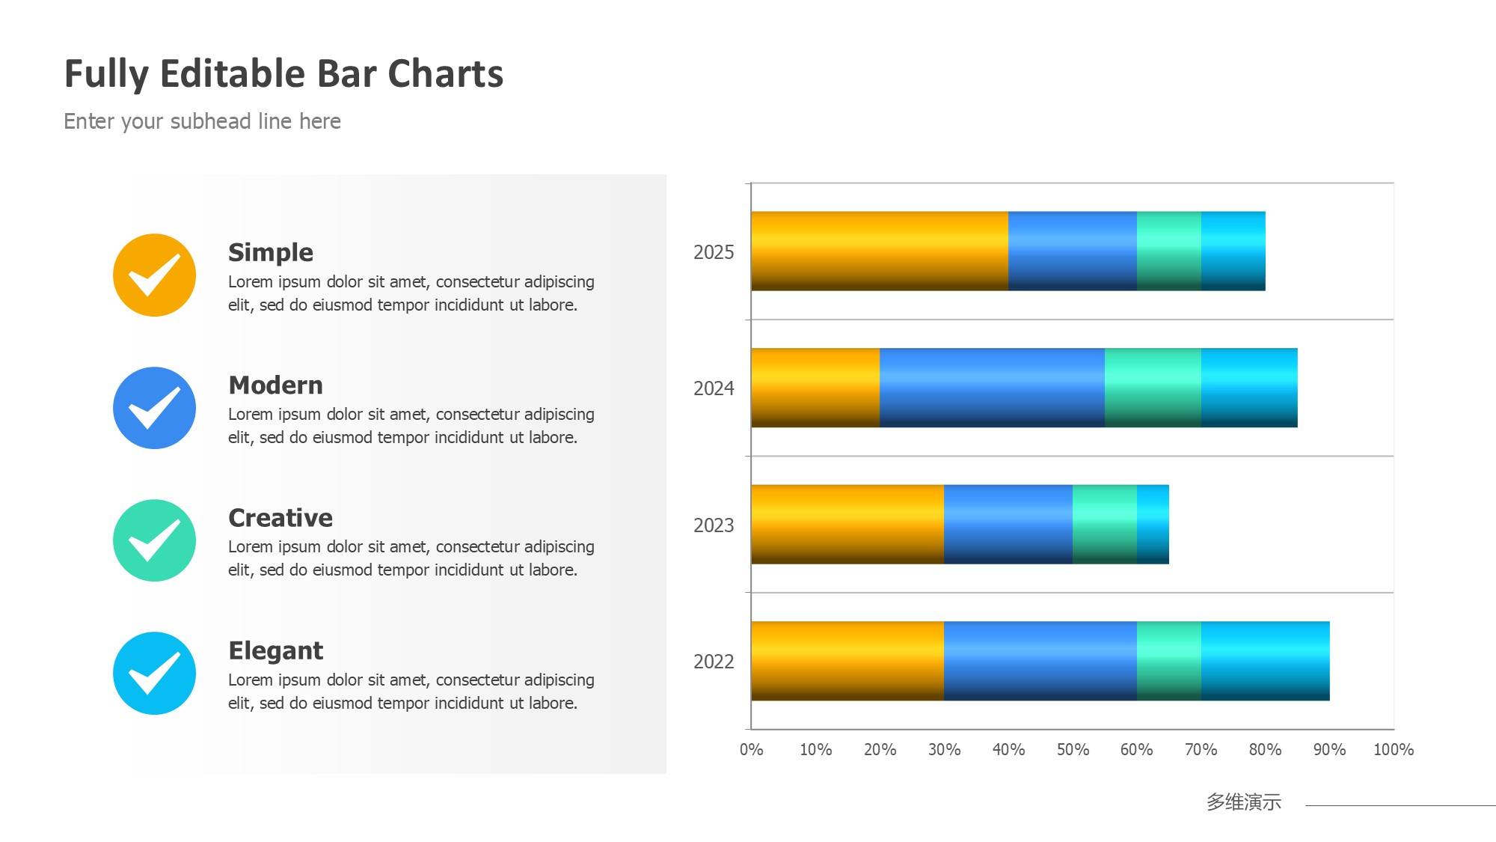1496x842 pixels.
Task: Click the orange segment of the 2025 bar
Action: [880, 251]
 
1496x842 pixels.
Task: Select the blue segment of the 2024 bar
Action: [992, 388]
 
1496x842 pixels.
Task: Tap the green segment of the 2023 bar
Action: [1105, 524]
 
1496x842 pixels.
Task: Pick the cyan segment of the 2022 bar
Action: [1266, 661]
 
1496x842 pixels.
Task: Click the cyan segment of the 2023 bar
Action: [1153, 524]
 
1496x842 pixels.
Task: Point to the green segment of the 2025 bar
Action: [1169, 251]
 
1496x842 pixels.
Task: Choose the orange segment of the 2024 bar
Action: [815, 388]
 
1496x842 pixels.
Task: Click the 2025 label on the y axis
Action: [714, 252]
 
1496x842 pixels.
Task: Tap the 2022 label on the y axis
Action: [714, 662]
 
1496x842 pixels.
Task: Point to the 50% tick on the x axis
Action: [1073, 749]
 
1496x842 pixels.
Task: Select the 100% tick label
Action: [1394, 749]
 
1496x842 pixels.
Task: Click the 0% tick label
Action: [752, 749]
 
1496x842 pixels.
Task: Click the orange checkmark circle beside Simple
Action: [155, 275]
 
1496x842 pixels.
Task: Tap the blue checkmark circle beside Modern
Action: [155, 408]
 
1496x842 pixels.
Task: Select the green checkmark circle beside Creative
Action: [155, 540]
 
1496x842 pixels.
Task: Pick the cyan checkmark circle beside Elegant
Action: [155, 674]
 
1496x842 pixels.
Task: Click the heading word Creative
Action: [280, 518]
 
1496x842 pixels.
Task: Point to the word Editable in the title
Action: [233, 74]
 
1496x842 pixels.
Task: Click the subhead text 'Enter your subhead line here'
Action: [202, 121]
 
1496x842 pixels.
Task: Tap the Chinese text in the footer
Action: [1244, 802]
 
